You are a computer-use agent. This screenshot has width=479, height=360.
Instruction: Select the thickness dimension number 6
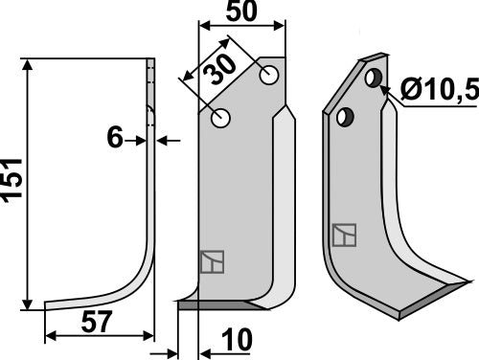click(116, 140)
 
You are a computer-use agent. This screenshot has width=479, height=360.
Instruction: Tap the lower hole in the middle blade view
click(222, 119)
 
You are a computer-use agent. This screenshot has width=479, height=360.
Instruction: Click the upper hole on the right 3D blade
click(375, 78)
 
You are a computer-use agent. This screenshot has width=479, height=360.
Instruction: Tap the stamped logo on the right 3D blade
click(340, 234)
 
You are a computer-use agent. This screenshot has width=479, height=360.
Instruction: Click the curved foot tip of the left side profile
click(50, 306)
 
